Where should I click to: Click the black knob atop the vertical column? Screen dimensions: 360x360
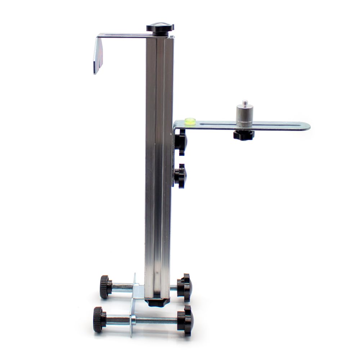click(x=160, y=28)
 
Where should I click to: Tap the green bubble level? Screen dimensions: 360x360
click(x=190, y=121)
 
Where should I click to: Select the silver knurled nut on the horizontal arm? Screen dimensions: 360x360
click(x=244, y=115)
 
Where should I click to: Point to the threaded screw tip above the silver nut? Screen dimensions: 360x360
click(x=245, y=103)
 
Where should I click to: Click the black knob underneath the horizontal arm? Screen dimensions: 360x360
click(x=244, y=135)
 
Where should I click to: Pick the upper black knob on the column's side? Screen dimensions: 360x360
click(x=181, y=142)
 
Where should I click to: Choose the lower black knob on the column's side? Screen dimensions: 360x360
click(x=180, y=176)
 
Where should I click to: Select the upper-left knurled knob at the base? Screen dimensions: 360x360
click(x=105, y=287)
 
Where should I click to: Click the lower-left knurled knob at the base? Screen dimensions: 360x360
click(x=99, y=319)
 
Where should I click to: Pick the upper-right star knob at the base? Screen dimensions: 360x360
click(x=185, y=287)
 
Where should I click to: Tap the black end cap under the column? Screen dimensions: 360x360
click(x=158, y=302)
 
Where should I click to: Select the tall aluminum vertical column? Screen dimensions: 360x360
click(x=159, y=162)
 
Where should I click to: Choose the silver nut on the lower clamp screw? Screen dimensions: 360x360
click(x=133, y=319)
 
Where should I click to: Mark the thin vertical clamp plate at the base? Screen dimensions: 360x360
click(x=133, y=306)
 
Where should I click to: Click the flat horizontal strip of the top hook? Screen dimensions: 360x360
click(x=122, y=35)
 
